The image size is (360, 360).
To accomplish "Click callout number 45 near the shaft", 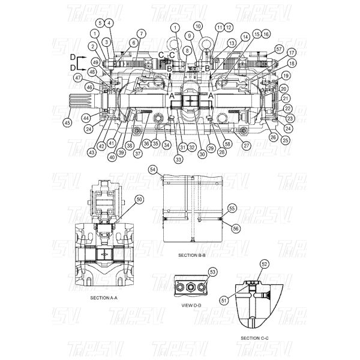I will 67,123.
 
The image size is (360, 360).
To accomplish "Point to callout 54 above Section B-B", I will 153,170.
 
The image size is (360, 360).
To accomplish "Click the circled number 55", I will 232,208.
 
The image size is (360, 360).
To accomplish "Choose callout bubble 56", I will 235,228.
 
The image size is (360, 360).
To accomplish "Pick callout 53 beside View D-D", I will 212,272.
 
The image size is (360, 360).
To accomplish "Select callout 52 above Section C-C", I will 263,263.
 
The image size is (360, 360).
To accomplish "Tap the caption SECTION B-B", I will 192,255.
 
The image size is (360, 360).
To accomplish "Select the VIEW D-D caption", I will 190,304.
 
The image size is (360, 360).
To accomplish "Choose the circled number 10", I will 199,27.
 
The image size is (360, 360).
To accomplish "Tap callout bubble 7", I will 141,33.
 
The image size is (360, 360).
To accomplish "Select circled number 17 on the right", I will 292,52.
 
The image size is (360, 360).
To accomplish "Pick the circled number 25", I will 284,140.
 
